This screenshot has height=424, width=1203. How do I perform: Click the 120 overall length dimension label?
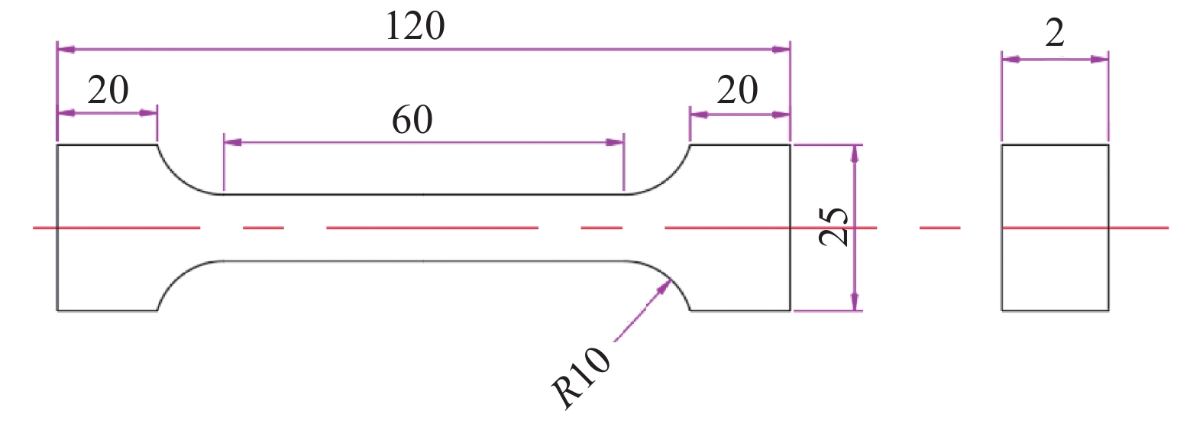[415, 27]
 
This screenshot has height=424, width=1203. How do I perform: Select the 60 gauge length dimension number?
[412, 120]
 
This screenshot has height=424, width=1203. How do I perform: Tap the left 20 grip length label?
[108, 91]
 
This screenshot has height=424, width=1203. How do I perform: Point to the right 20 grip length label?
[737, 91]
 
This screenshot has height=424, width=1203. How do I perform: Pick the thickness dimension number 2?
[1055, 34]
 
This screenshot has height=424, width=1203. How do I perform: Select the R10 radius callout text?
[582, 377]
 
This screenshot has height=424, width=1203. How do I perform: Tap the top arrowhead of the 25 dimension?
[855, 153]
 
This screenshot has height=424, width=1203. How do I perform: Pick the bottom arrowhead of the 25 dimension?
[855, 303]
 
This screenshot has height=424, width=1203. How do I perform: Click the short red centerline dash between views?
[939, 228]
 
